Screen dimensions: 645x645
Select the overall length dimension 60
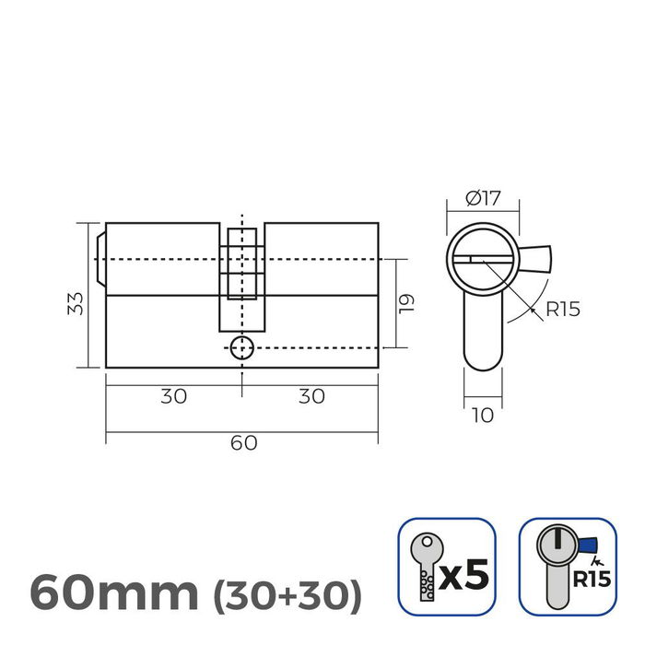[x=242, y=442]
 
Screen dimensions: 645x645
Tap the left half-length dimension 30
[x=173, y=396]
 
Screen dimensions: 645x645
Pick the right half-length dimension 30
[x=311, y=396]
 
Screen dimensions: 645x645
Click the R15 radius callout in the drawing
[x=562, y=310]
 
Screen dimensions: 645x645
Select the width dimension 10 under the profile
[x=481, y=416]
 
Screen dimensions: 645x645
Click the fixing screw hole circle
[x=241, y=347]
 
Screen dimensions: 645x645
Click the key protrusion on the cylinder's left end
[x=100, y=259]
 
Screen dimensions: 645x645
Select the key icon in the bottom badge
[x=423, y=566]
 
